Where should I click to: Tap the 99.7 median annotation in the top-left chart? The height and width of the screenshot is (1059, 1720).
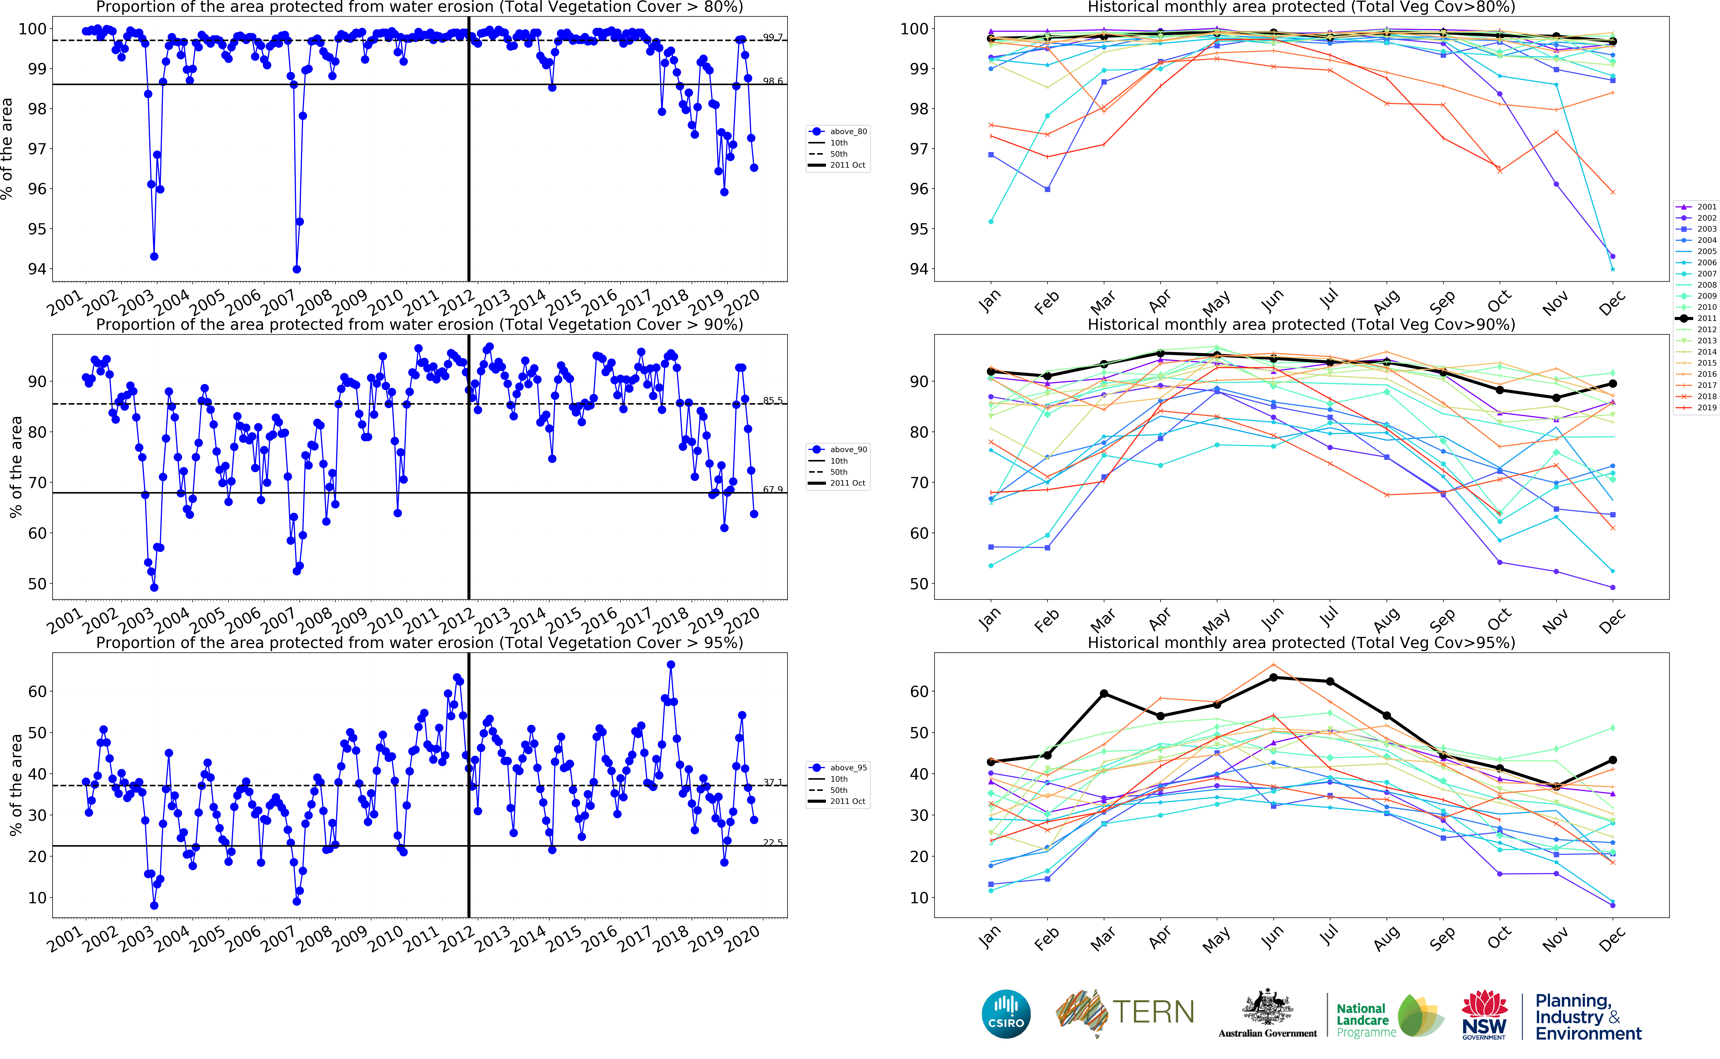(773, 37)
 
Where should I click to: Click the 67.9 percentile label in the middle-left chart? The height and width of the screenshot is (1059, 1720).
(773, 490)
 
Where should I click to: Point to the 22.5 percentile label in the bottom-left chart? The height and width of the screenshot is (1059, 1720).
(773, 843)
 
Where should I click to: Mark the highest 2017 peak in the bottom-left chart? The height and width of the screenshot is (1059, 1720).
(671, 665)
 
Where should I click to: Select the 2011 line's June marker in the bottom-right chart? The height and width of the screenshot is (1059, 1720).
(1273, 677)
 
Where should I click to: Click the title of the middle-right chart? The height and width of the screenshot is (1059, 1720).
(1301, 324)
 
